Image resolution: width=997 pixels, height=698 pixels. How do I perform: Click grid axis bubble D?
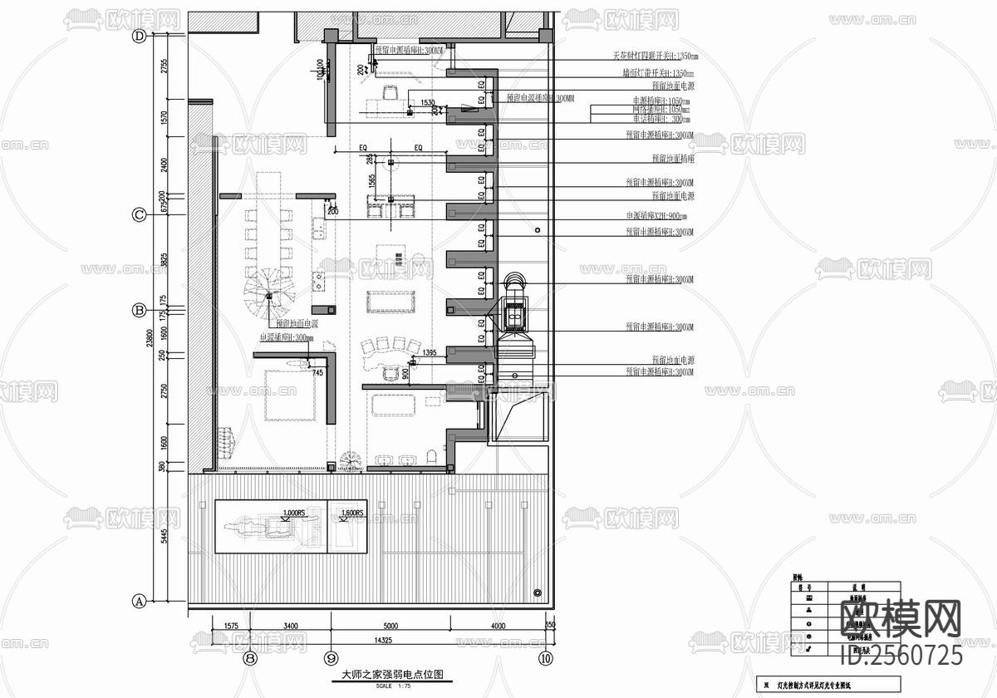tap(140, 36)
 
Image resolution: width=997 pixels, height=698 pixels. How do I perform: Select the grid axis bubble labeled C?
tap(140, 215)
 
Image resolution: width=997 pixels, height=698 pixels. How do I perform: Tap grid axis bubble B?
tap(140, 310)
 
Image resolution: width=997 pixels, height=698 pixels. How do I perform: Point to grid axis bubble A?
tap(140, 600)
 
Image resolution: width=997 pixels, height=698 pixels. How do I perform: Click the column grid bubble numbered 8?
tap(250, 658)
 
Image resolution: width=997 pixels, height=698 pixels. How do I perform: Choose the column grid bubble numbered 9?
tap(332, 658)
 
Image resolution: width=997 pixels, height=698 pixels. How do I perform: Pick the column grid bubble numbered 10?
tap(545, 658)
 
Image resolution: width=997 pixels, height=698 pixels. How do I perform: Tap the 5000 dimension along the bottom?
tap(390, 626)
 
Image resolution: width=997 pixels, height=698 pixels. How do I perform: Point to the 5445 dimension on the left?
tap(165, 537)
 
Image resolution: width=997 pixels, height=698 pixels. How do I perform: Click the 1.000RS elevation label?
tap(293, 513)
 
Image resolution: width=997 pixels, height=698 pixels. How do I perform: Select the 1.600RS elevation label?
tap(351, 514)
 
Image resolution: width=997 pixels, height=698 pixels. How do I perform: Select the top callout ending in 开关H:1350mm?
tap(655, 57)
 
